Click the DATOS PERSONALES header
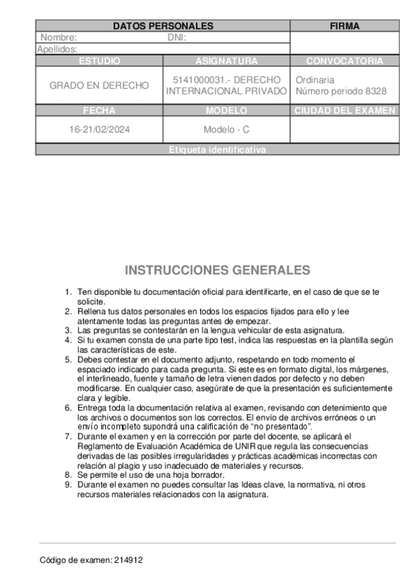163,26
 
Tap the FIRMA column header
344,26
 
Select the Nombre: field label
58,37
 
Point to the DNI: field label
177,37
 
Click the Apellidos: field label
57,49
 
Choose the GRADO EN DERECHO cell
99,85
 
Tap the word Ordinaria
315,80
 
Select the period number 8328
374,91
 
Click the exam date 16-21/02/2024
99,130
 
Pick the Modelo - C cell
227,130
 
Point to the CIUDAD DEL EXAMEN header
344,110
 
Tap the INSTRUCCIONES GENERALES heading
218,270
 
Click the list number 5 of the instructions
68,359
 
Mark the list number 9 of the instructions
68,485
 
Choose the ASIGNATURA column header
227,61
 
